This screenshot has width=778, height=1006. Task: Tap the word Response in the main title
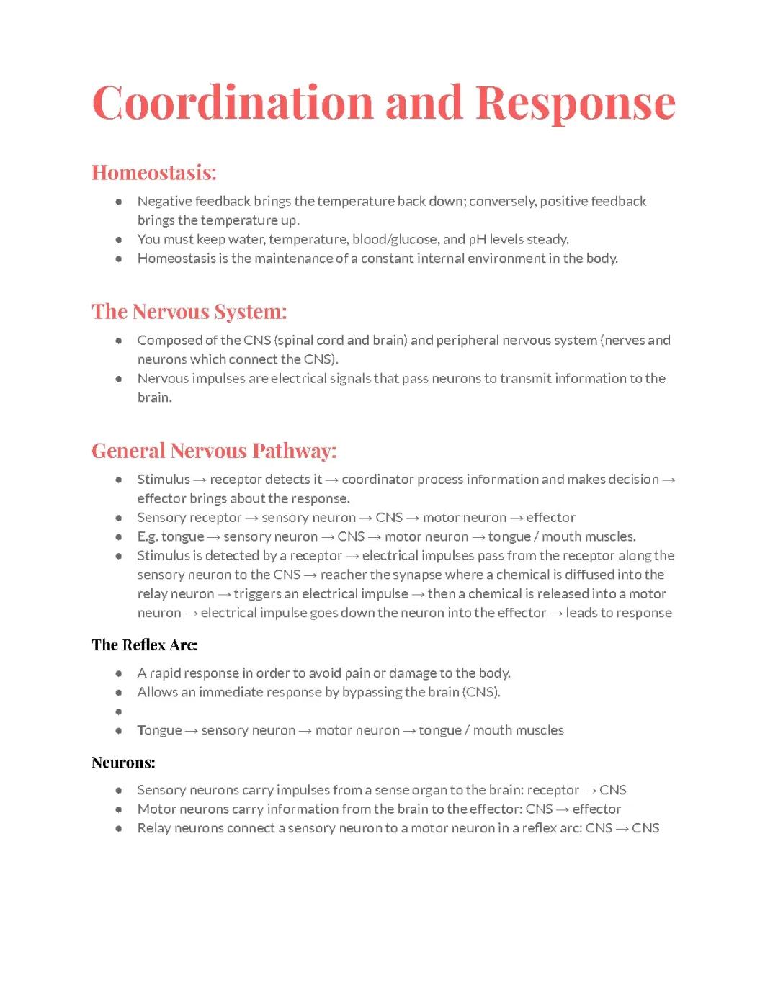click(x=575, y=102)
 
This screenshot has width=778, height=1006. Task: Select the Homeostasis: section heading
click(x=153, y=173)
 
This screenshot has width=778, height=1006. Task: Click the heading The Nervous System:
click(x=189, y=312)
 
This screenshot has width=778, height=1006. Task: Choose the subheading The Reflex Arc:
click(x=144, y=645)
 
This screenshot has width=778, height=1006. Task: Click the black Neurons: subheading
click(x=123, y=763)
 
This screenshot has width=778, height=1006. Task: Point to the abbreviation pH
click(x=478, y=239)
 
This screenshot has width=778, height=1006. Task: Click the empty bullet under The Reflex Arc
click(x=119, y=711)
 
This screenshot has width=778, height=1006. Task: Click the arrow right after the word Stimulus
click(x=200, y=480)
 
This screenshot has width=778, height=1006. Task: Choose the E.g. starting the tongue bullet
click(x=148, y=536)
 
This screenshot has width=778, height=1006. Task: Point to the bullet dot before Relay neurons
click(x=119, y=828)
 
